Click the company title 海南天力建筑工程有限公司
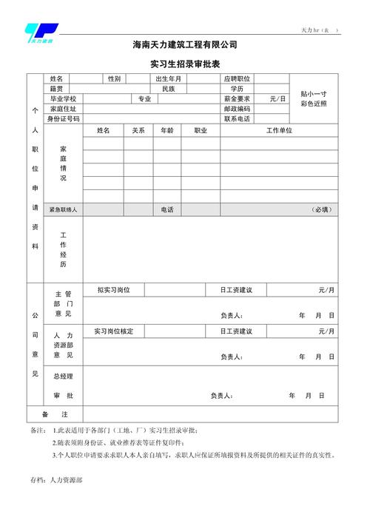185,46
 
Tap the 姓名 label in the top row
56,78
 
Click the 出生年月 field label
168,78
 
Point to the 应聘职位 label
237,78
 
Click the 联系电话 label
237,118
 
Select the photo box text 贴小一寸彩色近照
314,98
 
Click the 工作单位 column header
279,130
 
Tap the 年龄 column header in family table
166,130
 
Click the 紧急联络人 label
63,210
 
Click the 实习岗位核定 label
114,331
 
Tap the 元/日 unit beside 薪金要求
277,98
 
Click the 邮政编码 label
237,108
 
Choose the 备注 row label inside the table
55,414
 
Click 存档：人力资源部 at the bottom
56,480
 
